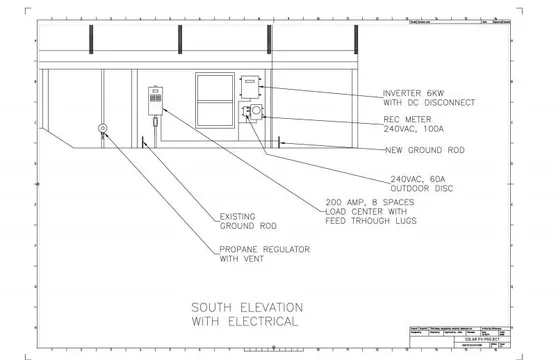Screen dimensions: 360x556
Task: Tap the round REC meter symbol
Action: coord(257,109)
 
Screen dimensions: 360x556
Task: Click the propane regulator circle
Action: coord(102,128)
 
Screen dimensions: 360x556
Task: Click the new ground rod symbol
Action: coord(282,144)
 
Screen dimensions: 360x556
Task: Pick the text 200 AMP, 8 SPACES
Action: coord(372,203)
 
